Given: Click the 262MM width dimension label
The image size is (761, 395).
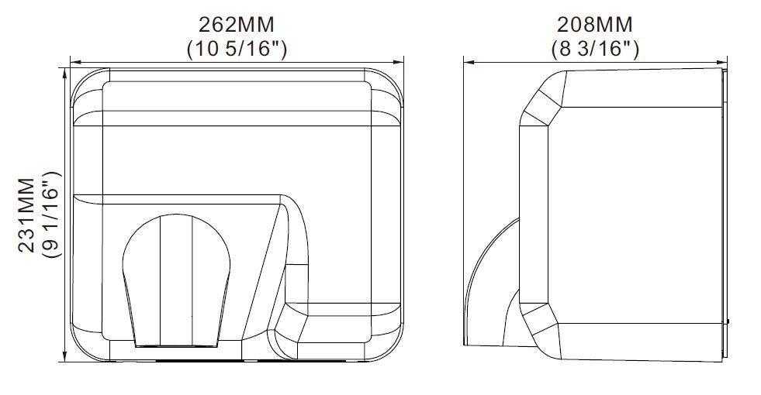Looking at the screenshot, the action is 237,24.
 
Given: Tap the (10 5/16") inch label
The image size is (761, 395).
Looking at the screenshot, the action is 237,49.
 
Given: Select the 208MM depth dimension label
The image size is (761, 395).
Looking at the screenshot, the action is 594,24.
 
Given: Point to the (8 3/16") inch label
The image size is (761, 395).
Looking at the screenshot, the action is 595,49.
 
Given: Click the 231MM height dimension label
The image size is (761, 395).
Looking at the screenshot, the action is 27,215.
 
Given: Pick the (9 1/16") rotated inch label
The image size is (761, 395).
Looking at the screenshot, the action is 52,215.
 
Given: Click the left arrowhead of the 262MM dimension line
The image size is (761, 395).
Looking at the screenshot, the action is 74,62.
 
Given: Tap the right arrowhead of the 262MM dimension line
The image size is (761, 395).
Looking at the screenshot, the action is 399,62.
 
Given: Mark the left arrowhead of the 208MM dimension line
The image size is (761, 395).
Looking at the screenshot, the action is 469,62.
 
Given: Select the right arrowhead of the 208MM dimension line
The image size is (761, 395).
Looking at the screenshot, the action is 722,62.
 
